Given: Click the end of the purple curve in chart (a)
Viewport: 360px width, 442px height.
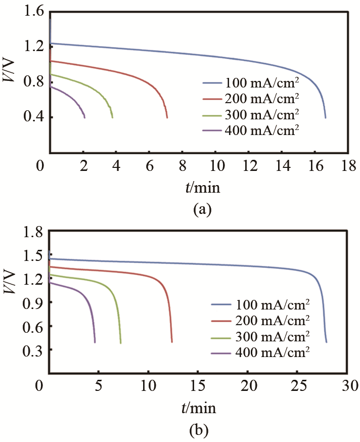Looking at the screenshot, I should pyautogui.click(x=84, y=117).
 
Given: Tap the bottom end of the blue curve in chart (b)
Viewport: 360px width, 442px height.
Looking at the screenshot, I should pyautogui.click(x=326, y=342).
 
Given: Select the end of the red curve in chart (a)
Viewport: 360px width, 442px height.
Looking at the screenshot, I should pyautogui.click(x=167, y=117).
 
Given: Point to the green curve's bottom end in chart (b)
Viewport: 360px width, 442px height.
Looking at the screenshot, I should pyautogui.click(x=120, y=343).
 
